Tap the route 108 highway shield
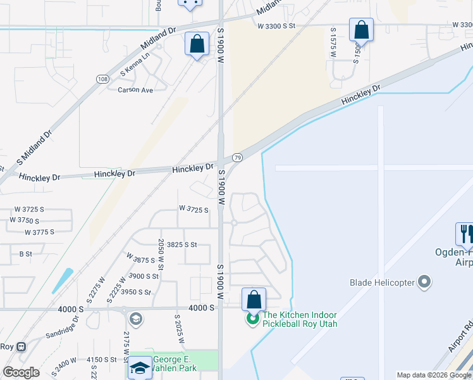[x=102, y=79]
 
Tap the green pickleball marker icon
[x=253, y=318]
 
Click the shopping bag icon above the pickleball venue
[x=254, y=298]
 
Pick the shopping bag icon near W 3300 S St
[x=361, y=29]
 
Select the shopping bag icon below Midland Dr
[x=197, y=44]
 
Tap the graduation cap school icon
[x=139, y=368]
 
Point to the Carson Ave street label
[x=135, y=90]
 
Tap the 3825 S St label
[x=178, y=244]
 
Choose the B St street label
[x=26, y=253]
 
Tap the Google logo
[x=21, y=372]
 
